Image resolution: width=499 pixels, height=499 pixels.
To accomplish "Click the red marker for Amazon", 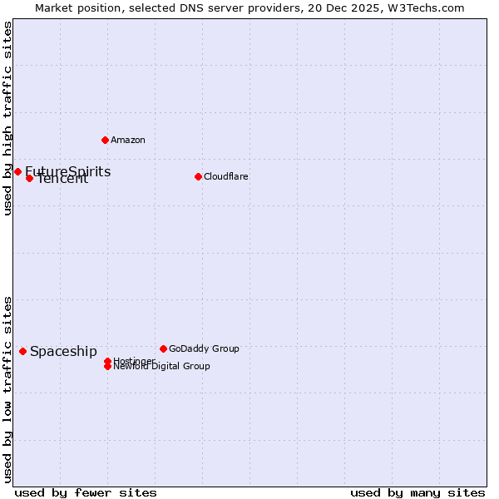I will tap(105, 140).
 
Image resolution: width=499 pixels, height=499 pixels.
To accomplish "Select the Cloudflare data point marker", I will tap(198, 176).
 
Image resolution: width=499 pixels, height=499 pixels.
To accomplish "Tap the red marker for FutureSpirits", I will tap(17, 171).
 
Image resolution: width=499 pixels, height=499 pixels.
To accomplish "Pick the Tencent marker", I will tap(29, 178).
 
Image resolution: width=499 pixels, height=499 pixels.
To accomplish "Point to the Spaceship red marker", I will tap(22, 351).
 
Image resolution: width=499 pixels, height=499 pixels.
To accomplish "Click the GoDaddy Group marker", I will tap(163, 348).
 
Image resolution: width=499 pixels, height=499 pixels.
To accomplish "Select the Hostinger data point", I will tap(107, 361).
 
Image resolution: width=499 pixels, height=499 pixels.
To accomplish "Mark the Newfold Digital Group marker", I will tap(107, 366).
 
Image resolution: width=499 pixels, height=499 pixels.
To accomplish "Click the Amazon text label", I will tap(128, 140).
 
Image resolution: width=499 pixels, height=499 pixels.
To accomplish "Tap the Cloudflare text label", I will tap(226, 176).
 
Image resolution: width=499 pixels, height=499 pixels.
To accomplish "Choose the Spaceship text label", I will tap(63, 351).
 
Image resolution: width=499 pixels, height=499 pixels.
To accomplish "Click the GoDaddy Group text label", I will tap(204, 348).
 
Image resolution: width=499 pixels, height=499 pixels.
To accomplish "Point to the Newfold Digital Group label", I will tap(162, 367).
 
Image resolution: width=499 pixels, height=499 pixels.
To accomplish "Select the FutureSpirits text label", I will tap(67, 171).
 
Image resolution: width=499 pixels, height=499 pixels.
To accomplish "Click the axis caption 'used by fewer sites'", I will tap(86, 492).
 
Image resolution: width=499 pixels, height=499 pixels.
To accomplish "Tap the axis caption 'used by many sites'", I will tap(417, 492).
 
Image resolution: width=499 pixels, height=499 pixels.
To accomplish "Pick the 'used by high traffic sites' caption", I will tap(7, 118).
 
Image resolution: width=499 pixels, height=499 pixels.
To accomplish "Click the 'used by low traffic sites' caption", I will tap(7, 388).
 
